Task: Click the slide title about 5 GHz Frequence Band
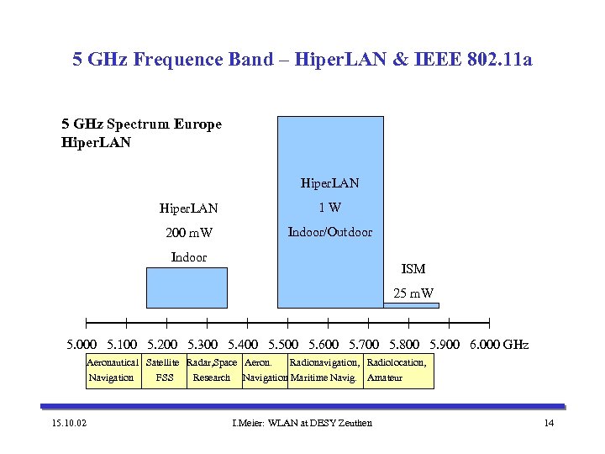coord(302,60)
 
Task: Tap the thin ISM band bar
coord(411,305)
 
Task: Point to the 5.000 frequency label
coord(82,345)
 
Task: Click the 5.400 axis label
coord(244,345)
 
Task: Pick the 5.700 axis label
coord(364,345)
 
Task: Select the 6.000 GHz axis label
coord(499,345)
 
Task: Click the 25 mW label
coord(413,293)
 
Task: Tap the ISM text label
coord(413,269)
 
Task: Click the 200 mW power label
coord(188,233)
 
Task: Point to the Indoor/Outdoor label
coord(330,232)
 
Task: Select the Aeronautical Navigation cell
coord(112,370)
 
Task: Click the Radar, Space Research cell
coord(212,370)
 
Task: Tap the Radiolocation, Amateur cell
coord(398,370)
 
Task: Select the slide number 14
coord(549,422)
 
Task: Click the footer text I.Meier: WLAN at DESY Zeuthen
coord(302,422)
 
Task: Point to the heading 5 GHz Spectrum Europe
coord(141,124)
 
